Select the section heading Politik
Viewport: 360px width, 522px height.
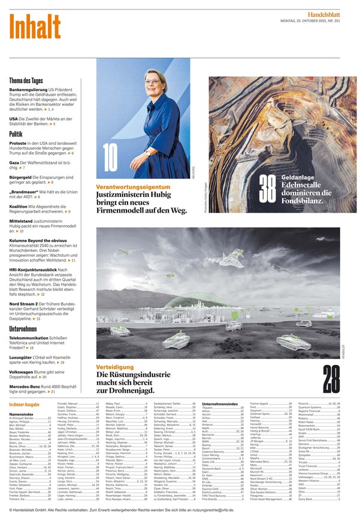pyautogui.click(x=16, y=134)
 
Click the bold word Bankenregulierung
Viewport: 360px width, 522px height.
pyautogui.click(x=29, y=89)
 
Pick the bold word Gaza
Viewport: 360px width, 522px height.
pyautogui.click(x=14, y=163)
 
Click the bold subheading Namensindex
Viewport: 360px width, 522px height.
pyautogui.click(x=21, y=414)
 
